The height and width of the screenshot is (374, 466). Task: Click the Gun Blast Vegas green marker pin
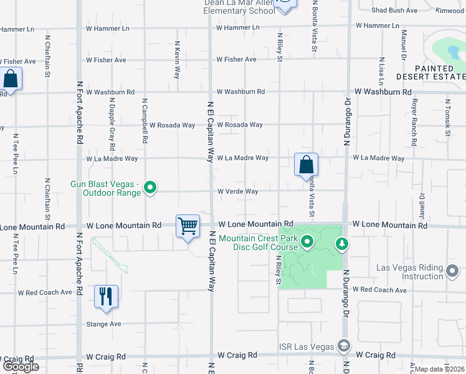tap(150, 187)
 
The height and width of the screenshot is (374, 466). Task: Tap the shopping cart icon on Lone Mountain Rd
tap(188, 226)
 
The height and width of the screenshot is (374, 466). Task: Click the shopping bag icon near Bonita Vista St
tap(306, 165)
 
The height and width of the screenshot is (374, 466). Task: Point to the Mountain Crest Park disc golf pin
tap(307, 242)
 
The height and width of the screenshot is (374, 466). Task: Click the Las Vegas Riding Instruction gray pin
tap(453, 271)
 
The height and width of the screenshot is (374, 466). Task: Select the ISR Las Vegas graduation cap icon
tap(343, 346)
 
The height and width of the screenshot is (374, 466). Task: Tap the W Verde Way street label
tap(237, 191)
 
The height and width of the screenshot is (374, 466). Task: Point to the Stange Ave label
tap(103, 324)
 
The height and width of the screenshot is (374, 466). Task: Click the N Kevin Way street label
tap(177, 59)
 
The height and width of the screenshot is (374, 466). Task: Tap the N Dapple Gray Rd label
tap(112, 125)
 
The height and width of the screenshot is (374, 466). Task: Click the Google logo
tap(21, 367)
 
